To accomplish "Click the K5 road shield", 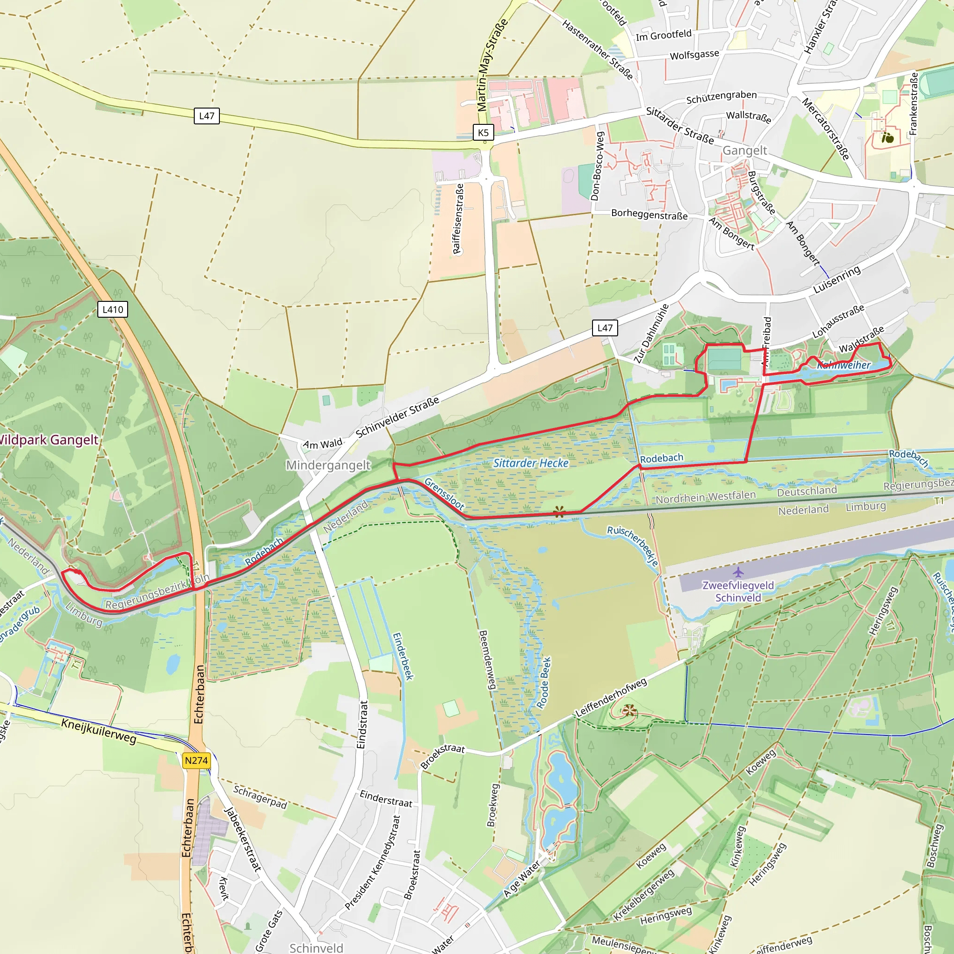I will click(483, 132).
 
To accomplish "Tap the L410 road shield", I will click(113, 310).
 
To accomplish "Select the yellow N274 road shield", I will click(197, 760).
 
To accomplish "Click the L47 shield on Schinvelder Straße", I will click(605, 328).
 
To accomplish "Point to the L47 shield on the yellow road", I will click(206, 116).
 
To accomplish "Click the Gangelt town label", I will click(745, 150).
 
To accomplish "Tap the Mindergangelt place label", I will click(328, 465).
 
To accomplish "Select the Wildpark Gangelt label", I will click(48, 440).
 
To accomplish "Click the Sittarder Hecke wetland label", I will click(531, 463).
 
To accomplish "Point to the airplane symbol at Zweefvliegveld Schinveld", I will click(738, 572).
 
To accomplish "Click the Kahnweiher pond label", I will click(844, 365).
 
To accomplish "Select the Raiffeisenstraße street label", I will click(458, 219).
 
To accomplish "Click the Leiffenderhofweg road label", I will click(611, 698).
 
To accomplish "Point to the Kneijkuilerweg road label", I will click(99, 731).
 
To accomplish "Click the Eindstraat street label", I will click(362, 724).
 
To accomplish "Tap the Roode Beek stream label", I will click(544, 683).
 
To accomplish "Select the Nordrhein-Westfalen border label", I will click(706, 497).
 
